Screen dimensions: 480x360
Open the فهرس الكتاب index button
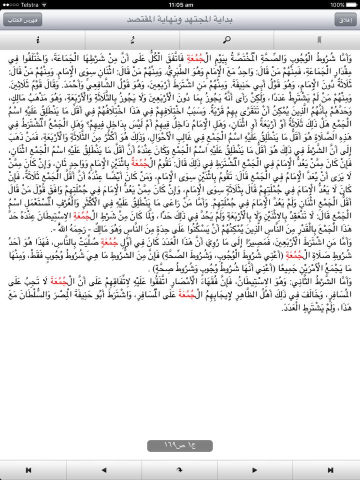tap(15, 20)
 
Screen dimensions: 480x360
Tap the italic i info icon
tap(38, 40)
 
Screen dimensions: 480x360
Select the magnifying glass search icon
tap(227, 40)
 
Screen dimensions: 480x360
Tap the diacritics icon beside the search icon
tap(132, 40)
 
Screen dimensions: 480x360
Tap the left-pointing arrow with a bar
tap(29, 470)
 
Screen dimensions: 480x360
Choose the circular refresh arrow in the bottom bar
tap(179, 470)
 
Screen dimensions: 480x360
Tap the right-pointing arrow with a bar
tap(330, 470)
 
